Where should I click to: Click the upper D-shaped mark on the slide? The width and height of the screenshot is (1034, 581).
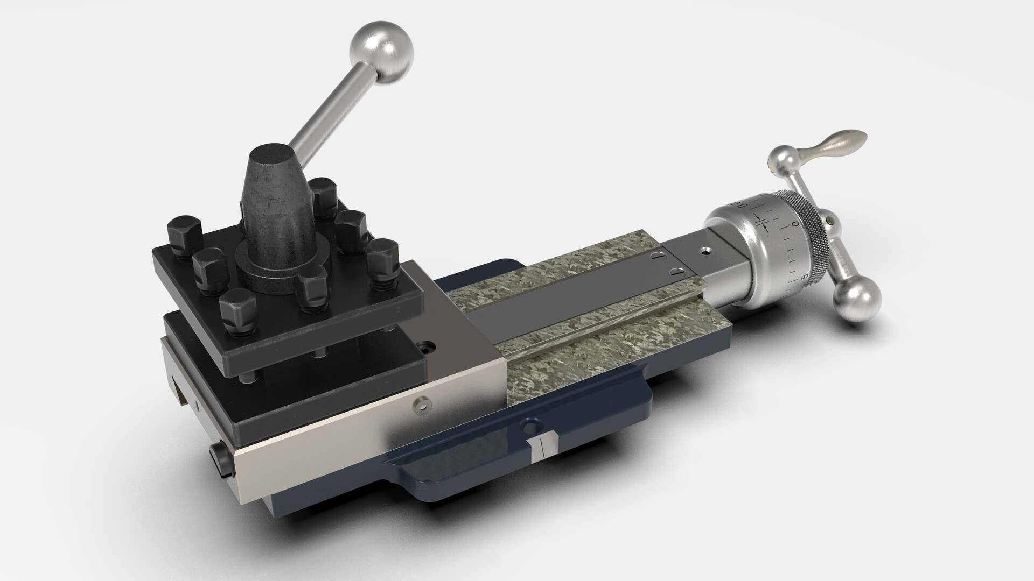click(x=658, y=257)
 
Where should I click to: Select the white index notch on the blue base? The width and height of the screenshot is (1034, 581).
click(x=542, y=447)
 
